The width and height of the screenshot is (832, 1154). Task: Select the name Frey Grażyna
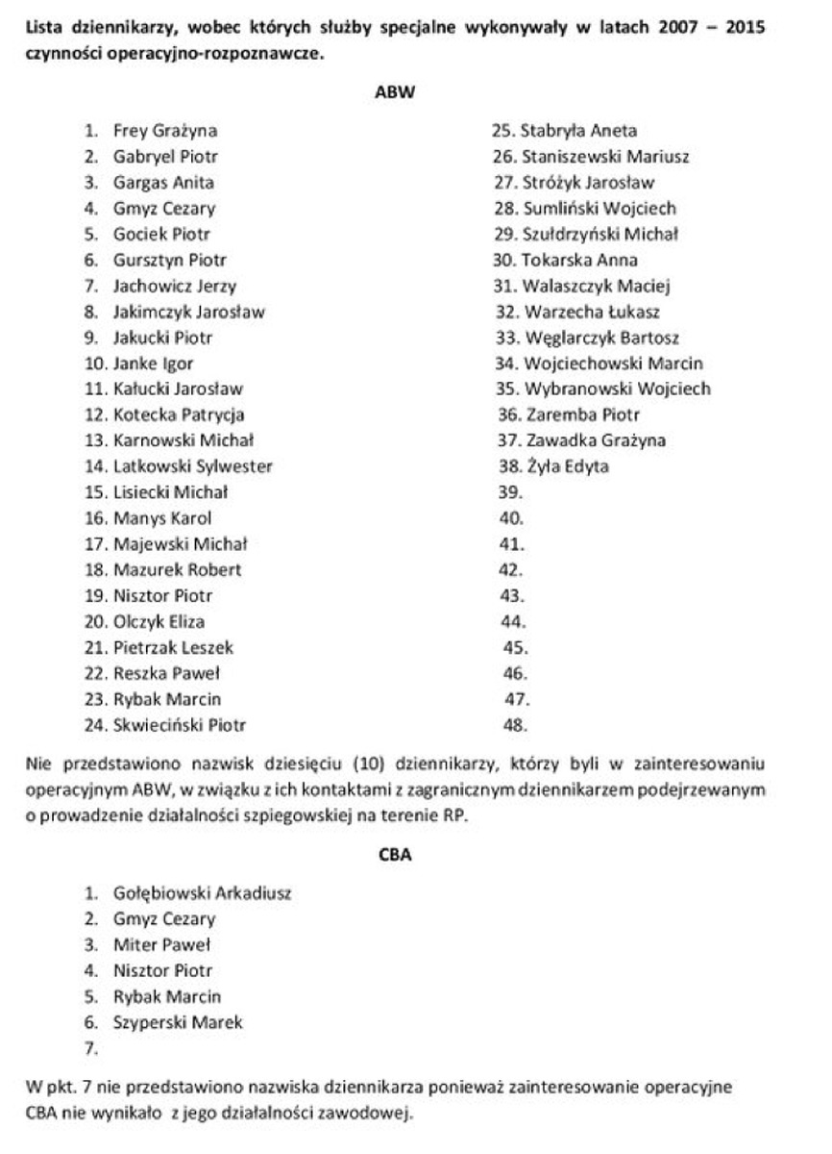click(164, 131)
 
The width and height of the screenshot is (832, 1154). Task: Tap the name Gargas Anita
click(163, 183)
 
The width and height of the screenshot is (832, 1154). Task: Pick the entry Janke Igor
click(153, 364)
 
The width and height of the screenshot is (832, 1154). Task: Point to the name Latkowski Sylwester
click(192, 467)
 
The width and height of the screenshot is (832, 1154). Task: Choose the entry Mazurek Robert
click(177, 570)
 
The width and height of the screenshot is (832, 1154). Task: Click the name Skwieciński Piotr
click(186, 725)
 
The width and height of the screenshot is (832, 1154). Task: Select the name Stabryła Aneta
click(578, 131)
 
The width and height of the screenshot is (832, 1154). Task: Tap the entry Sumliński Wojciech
click(600, 209)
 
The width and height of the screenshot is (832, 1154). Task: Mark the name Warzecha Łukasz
click(592, 312)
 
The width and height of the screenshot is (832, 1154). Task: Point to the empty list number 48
click(516, 725)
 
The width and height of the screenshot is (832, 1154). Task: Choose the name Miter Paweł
click(161, 945)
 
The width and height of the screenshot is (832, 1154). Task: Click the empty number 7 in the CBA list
click(91, 1049)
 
